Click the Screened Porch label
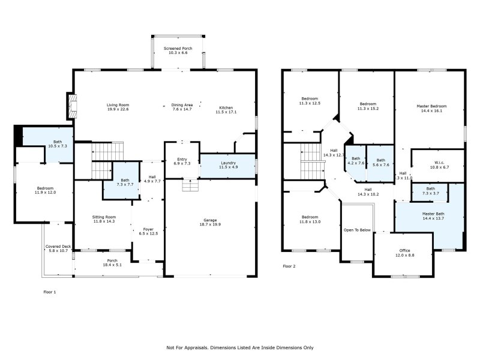pyautogui.click(x=178, y=47)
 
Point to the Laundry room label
pyautogui.click(x=227, y=163)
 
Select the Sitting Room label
pyautogui.click(x=104, y=217)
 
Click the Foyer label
pyautogui.click(x=148, y=229)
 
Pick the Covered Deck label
pyautogui.click(x=58, y=247)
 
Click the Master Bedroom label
pyautogui.click(x=431, y=106)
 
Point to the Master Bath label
pyautogui.click(x=433, y=214)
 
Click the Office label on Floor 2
pyautogui.click(x=405, y=251)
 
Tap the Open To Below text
pyautogui.click(x=356, y=230)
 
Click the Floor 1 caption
pyautogui.click(x=50, y=292)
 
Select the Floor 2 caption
pyautogui.click(x=289, y=266)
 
